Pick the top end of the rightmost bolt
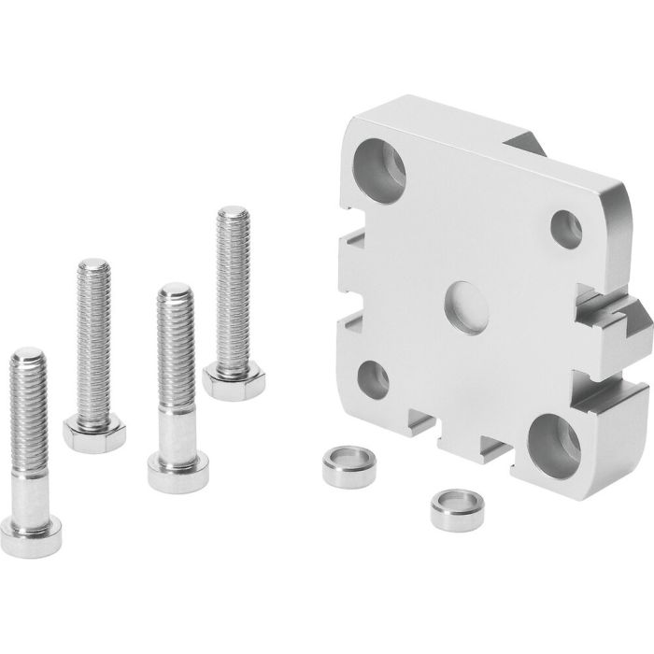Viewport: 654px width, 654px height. [230, 217]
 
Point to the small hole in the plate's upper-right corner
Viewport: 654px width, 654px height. [567, 226]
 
